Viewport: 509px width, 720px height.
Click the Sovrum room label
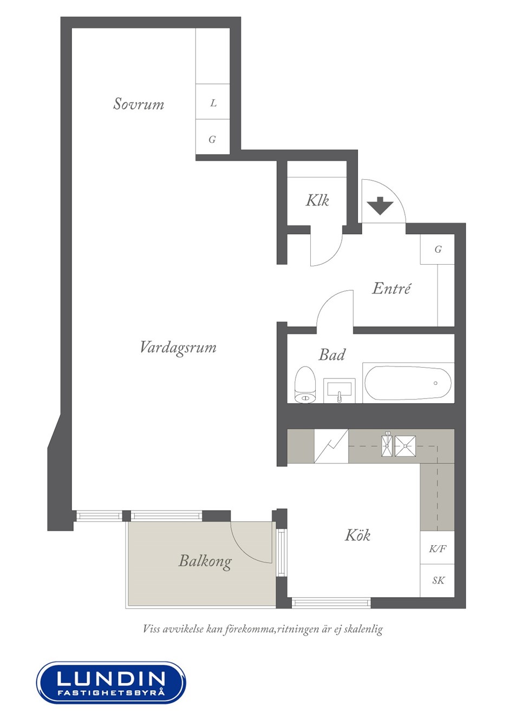coord(139,103)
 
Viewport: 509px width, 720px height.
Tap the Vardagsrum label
coord(178,348)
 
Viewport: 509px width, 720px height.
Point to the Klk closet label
coord(317,200)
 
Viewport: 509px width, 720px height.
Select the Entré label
coord(391,288)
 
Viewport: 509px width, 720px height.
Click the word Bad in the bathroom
coord(332,355)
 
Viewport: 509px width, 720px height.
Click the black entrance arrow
coord(380,206)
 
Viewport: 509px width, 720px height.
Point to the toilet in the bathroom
coord(305,385)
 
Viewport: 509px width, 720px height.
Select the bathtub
coord(408,383)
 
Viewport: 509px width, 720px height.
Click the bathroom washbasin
coord(339,390)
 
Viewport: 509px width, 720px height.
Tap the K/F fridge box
coord(438,548)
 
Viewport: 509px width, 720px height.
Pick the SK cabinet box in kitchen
coord(438,580)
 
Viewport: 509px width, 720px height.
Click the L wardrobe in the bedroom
coord(213,102)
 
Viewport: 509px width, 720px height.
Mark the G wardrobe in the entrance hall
coord(438,249)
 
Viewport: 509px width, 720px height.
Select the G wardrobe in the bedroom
coord(213,137)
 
